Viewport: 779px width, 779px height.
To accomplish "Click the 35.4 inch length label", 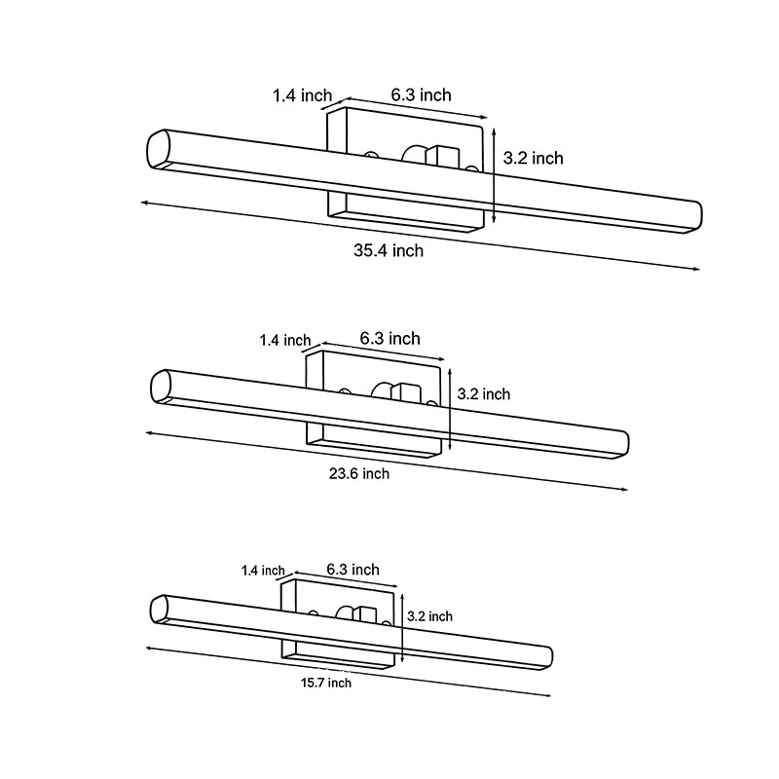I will point(389,250).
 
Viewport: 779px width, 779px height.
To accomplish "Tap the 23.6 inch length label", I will point(357,473).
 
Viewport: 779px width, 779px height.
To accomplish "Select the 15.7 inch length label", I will point(326,683).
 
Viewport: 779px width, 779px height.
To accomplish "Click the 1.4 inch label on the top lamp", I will point(302,94).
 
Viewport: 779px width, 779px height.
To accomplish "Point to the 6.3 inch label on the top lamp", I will point(422,94).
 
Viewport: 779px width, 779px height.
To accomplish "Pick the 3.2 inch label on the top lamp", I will point(534,158).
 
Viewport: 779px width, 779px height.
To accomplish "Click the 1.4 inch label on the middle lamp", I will point(284,340).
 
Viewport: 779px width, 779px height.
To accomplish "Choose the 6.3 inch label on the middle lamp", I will point(389,338).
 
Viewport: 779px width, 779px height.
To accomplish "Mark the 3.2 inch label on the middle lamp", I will point(484,394).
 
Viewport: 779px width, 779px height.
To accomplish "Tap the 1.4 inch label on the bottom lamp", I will point(263,571).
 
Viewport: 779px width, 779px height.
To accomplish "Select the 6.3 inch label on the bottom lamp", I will point(352,570).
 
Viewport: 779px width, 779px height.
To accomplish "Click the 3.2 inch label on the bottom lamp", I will point(429,616).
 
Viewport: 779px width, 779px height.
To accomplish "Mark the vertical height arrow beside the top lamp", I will point(495,171).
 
